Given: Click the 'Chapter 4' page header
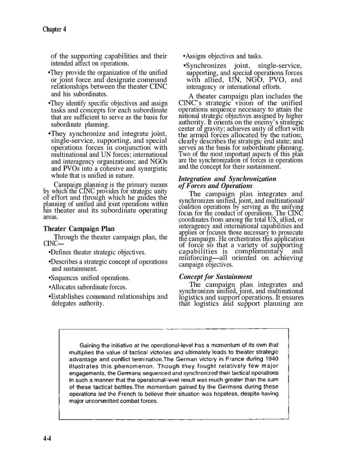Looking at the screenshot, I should (x=56, y=29).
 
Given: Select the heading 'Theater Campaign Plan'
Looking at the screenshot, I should (x=79, y=229).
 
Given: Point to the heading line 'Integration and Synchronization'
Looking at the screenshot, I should (x=227, y=178).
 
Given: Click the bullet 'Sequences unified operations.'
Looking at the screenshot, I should (x=88, y=278).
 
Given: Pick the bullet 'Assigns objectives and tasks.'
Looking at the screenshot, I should (x=223, y=56).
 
